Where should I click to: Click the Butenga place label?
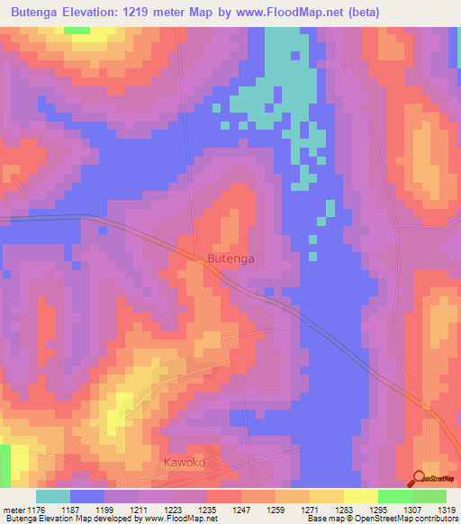[x=230, y=258]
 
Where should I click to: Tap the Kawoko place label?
[x=185, y=462]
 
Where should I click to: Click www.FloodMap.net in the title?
[x=285, y=13]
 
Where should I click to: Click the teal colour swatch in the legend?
[x=53, y=496]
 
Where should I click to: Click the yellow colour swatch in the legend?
[x=360, y=496]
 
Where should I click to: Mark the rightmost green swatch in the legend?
[x=429, y=496]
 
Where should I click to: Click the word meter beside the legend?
[x=14, y=510]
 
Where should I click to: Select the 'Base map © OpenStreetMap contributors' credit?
[x=382, y=519]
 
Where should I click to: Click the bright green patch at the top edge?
[x=77, y=30]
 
